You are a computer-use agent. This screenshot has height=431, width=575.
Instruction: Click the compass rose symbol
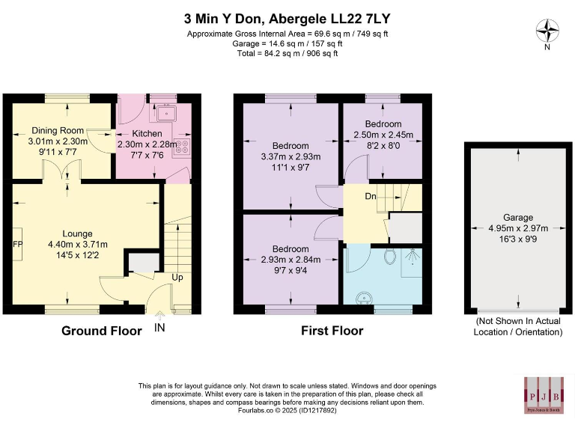coord(549,31)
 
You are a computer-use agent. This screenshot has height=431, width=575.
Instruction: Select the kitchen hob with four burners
coord(181,147)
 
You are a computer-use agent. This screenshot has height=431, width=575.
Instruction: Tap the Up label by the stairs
coord(177,277)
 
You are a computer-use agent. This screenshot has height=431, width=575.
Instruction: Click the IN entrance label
coord(159,328)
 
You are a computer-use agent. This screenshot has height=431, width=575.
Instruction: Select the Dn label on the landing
coord(370,198)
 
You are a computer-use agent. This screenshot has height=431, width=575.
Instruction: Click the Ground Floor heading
coord(101,331)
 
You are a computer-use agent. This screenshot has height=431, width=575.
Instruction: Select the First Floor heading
coord(332,331)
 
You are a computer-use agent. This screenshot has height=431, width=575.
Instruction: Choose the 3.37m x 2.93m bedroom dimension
coord(290,156)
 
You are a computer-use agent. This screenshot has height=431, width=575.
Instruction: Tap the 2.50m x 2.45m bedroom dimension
coord(383,135)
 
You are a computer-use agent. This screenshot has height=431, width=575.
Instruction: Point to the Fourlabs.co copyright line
coord(287,410)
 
